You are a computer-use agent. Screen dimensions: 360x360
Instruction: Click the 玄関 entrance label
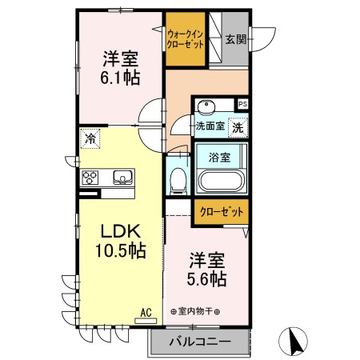[x=235, y=39]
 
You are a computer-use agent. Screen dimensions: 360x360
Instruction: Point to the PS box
[x=242, y=104]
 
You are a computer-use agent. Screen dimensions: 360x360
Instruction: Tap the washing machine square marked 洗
[x=238, y=126]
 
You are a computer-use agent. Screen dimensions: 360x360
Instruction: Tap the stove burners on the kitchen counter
[x=89, y=178]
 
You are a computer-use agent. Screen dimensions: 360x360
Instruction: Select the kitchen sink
[x=122, y=177]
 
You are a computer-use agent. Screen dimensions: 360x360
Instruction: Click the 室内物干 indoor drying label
[x=197, y=312]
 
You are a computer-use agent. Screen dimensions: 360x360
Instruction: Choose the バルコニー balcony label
[x=200, y=342]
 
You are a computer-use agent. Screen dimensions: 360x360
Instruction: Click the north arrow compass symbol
[x=293, y=342]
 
